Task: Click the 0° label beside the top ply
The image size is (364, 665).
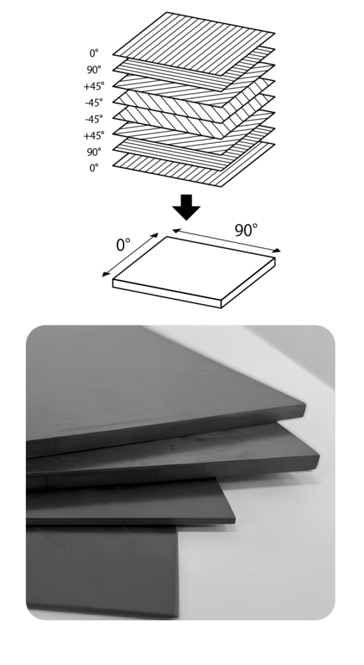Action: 94,53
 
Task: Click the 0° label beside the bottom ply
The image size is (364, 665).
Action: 94,168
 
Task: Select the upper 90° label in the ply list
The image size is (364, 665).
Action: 94,69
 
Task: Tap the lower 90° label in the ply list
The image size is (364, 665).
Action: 94,152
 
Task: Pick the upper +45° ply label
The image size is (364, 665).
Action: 94,86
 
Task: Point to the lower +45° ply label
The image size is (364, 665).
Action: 94,135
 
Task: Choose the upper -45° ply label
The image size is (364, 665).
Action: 94,103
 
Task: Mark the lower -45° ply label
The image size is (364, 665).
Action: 94,119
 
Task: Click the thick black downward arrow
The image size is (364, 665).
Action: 187,207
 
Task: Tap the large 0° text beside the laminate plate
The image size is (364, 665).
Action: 123,245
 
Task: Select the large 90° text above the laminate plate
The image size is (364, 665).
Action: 246,231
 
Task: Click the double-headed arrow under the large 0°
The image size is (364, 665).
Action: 130,255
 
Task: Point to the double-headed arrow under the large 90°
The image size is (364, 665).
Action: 227,240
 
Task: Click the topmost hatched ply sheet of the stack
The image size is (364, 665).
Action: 194,44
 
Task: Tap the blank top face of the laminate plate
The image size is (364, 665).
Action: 194,268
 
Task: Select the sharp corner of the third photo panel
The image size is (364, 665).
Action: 235,520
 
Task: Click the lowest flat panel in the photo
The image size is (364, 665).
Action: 102,570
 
